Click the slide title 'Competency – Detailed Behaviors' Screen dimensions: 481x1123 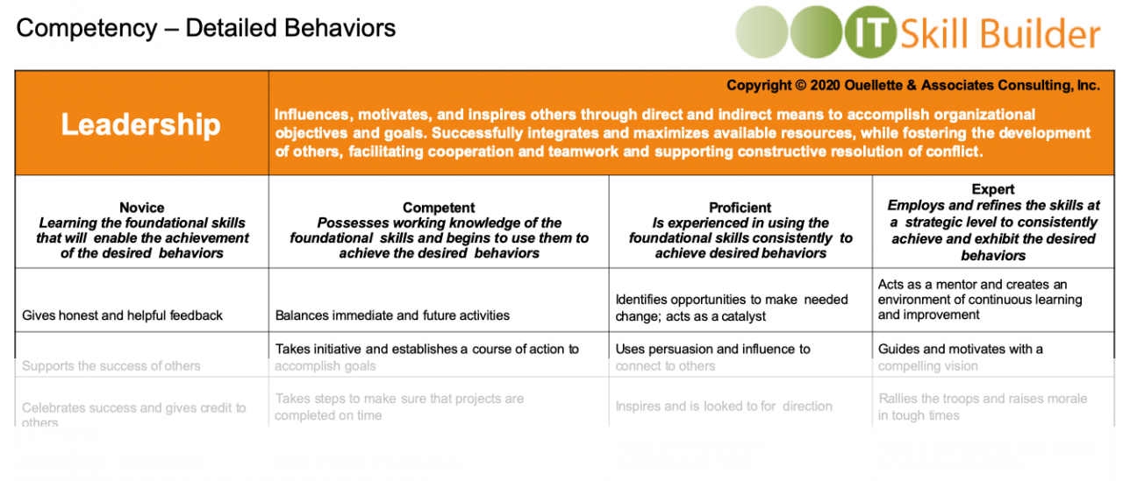pos(206,28)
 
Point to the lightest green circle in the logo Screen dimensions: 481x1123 pos(761,33)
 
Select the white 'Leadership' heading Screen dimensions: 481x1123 pos(140,124)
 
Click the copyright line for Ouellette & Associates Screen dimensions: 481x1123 pos(912,85)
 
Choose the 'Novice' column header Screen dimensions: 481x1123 pos(141,208)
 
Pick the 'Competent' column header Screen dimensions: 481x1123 pos(439,208)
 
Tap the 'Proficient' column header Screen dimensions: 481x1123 pos(740,208)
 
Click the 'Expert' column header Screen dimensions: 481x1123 pos(993,189)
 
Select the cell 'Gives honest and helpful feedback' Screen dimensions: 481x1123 pos(122,315)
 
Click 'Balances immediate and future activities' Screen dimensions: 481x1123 pos(392,315)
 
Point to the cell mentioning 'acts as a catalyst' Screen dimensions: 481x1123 pos(732,308)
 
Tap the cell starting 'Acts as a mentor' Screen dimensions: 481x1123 pos(980,300)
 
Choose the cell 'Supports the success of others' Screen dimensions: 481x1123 pos(111,365)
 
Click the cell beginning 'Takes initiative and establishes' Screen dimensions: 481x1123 pos(427,357)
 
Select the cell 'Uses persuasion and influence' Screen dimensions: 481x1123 pos(712,357)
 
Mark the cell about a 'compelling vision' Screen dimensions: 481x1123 pos(961,357)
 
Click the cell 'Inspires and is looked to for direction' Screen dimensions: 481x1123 pos(724,407)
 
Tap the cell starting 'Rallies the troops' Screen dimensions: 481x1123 pos(983,407)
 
